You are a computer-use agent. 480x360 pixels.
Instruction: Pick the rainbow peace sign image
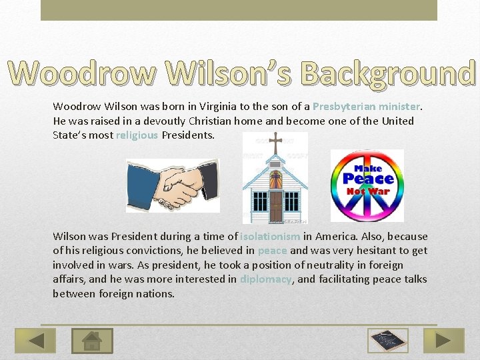(x=367, y=185)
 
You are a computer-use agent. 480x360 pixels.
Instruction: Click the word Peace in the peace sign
(x=369, y=178)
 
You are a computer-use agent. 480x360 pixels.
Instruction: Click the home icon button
(x=92, y=341)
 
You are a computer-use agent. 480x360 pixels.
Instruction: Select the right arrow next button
(x=444, y=341)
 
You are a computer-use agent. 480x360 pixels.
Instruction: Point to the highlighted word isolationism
(x=270, y=237)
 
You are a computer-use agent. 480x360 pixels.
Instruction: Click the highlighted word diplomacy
(x=265, y=279)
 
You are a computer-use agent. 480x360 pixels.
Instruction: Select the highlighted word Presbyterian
(x=344, y=107)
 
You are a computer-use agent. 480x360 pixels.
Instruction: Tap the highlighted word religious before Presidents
(x=137, y=135)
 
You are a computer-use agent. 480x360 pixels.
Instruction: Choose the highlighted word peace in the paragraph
(x=272, y=251)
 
